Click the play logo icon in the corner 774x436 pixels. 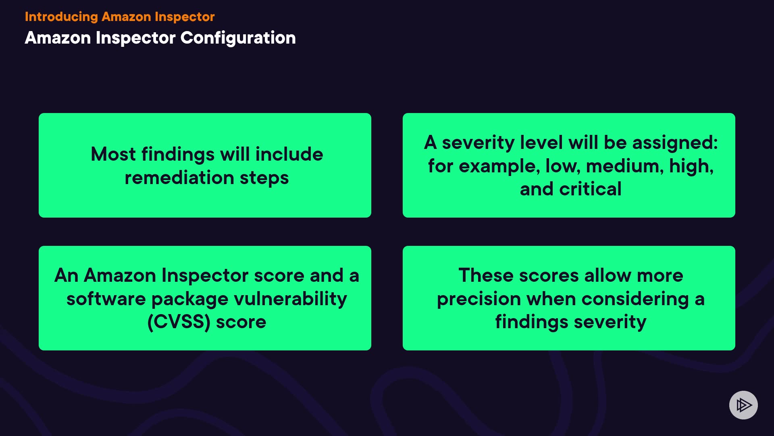pyautogui.click(x=743, y=405)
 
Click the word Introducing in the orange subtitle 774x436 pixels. pyautogui.click(x=61, y=17)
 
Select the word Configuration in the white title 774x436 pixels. pyautogui.click(x=238, y=38)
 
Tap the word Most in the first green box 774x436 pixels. pyautogui.click(x=113, y=154)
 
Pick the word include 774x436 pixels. pyautogui.click(x=289, y=154)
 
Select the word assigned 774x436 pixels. pyautogui.click(x=675, y=143)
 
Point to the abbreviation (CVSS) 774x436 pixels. pyautogui.click(x=179, y=322)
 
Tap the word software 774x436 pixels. pyautogui.click(x=106, y=299)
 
